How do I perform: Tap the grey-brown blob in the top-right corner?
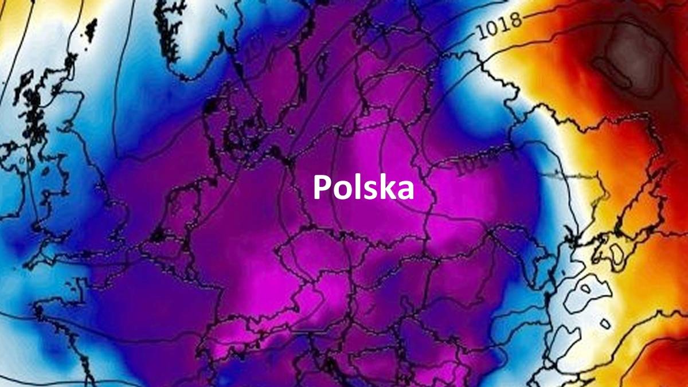pos(622,54)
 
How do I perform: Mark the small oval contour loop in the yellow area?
pos(618,252)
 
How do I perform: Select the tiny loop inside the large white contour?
pos(605,324)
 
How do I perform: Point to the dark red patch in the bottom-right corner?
pos(659,355)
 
